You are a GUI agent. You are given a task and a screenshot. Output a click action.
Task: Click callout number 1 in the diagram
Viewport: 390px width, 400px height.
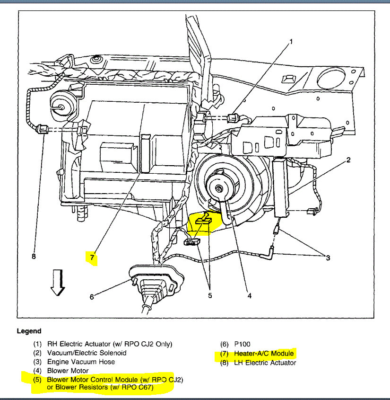click(291, 42)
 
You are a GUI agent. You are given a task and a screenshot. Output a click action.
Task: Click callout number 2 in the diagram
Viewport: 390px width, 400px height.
click(348, 160)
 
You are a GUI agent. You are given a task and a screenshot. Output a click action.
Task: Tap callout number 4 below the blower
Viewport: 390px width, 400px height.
click(250, 296)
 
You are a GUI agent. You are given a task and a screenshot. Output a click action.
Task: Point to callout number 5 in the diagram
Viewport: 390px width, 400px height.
click(210, 296)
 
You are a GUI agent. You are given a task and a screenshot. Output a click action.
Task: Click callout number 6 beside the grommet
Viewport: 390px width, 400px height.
click(92, 297)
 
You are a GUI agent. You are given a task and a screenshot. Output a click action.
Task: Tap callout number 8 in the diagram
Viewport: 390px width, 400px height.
click(34, 257)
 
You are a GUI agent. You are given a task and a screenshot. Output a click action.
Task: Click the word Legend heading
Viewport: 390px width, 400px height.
click(29, 331)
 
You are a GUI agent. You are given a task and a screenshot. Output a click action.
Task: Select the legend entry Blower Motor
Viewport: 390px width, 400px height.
click(68, 371)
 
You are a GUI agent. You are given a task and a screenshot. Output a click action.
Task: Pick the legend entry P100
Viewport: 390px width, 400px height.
click(243, 344)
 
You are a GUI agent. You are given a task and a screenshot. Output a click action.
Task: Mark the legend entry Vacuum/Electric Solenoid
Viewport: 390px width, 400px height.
click(86, 353)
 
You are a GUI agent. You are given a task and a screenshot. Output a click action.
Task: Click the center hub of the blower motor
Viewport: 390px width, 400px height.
click(218, 188)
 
